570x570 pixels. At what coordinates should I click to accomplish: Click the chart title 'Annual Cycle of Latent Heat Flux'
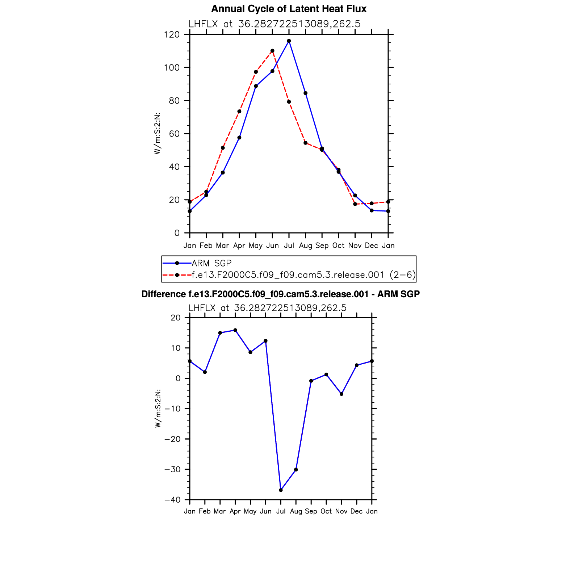[x=289, y=9]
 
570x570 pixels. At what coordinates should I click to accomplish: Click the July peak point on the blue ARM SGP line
[x=289, y=41]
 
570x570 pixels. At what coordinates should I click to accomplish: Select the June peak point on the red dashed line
[x=272, y=51]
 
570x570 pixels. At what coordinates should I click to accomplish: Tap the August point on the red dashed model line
[x=306, y=143]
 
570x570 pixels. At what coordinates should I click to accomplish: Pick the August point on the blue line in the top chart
[x=306, y=93]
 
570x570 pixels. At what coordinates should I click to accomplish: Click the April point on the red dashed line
[x=239, y=111]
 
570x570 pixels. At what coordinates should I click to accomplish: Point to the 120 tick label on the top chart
[x=172, y=35]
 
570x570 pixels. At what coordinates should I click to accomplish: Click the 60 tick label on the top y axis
[x=174, y=134]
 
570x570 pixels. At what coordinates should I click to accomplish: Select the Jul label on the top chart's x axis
[x=289, y=246]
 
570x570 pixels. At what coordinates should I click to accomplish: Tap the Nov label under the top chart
[x=355, y=246]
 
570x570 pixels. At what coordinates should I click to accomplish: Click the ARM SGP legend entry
[x=211, y=263]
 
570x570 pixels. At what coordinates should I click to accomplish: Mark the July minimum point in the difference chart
[x=281, y=490]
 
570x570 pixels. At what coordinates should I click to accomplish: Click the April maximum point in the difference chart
[x=235, y=330]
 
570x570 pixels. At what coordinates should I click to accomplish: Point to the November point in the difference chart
[x=341, y=394]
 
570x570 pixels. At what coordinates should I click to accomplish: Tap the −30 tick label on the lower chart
[x=172, y=470]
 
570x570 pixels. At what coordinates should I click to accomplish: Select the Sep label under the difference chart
[x=311, y=511]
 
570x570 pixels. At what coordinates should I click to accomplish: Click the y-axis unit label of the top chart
[x=157, y=134]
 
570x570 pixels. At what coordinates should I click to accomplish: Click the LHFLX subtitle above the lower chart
[x=267, y=308]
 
